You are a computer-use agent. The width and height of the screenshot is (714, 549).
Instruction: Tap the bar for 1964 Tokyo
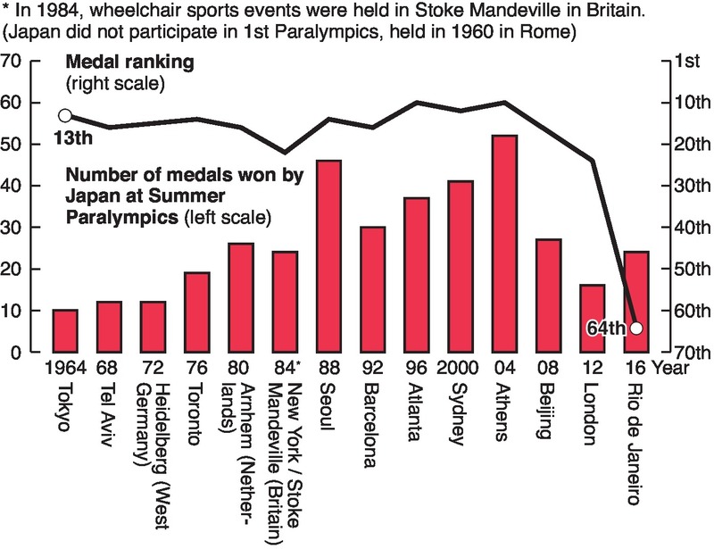[65, 331]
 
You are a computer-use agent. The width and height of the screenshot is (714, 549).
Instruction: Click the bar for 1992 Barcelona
[373, 289]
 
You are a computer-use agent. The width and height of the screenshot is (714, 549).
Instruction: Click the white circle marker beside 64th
[635, 328]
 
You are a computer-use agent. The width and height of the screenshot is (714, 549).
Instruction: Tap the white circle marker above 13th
[64, 115]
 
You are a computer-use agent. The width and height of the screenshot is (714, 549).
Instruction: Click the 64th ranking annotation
[607, 329]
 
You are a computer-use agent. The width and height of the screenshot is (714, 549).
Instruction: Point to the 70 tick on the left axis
[12, 62]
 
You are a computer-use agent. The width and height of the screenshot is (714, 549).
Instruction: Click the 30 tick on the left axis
[12, 228]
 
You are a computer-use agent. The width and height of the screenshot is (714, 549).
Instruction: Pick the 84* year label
[286, 368]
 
